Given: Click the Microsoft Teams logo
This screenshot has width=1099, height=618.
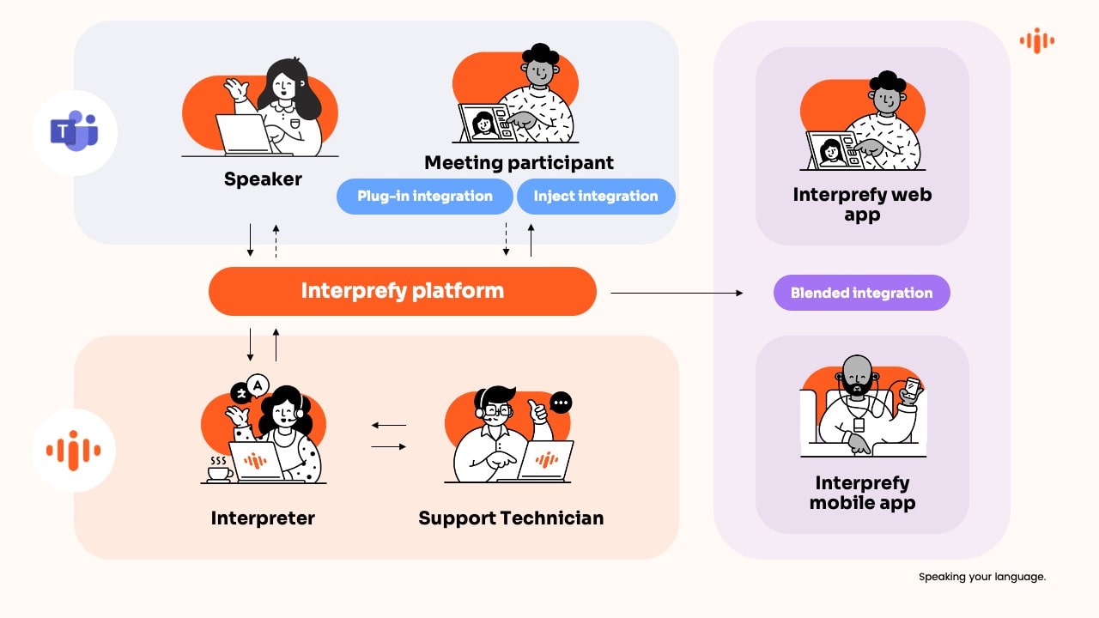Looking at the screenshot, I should pos(75,132).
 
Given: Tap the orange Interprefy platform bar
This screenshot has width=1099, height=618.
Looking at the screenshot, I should pos(402,291).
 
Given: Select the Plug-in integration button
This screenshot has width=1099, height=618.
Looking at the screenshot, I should pos(425,196).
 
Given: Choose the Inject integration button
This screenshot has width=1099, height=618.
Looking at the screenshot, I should pos(595,196).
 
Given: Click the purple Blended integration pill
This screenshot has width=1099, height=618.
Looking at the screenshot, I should pos(861,293).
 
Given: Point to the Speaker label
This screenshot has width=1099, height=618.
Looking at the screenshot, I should pos(263,179).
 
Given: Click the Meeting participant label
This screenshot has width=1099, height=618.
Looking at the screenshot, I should pos(519,162).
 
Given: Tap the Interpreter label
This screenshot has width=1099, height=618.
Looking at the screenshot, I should pos(263,518).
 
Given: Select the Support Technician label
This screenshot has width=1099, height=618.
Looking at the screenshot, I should pos(511,518).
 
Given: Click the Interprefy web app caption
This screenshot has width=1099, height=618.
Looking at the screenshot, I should pos(862,204).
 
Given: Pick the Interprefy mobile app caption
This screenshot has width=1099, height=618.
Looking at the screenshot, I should pos(862,493).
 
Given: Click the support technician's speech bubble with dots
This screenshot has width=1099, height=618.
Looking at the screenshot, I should pos(562,402).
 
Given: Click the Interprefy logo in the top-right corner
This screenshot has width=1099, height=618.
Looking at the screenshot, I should pos(1036,40).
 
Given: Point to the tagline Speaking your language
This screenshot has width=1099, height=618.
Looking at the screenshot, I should pos(982,577).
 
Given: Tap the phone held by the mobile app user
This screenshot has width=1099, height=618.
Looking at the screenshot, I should pos(911,388).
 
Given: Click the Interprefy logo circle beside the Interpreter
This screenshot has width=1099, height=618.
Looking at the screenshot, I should pos(75,450).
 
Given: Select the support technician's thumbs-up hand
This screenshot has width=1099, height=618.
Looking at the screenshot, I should pos(540,413).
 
